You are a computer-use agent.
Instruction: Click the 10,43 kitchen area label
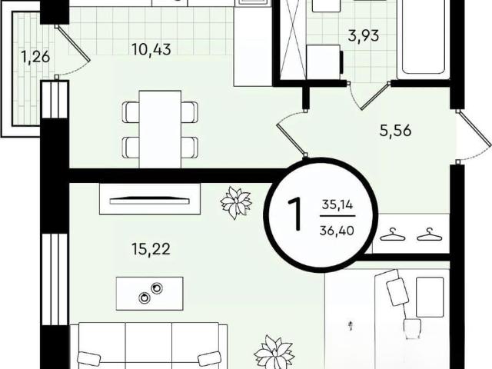click(151, 49)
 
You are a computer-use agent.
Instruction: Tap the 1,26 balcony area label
click(35, 57)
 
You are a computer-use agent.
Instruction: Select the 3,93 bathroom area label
click(364, 36)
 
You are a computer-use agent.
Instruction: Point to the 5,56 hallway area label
click(395, 130)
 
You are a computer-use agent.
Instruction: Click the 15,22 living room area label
click(151, 249)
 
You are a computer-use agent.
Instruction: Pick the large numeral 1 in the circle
click(295, 214)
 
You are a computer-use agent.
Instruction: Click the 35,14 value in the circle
click(337, 205)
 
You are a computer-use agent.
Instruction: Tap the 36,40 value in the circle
click(337, 231)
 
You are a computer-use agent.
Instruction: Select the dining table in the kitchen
click(160, 129)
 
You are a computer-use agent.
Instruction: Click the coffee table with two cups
click(150, 294)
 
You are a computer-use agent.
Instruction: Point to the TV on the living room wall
click(150, 200)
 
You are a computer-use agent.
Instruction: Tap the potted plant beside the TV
click(236, 203)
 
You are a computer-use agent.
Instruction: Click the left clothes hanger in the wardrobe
click(393, 234)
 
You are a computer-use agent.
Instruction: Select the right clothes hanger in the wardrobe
click(429, 234)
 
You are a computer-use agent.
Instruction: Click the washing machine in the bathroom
click(324, 61)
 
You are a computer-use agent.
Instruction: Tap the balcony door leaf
click(74, 43)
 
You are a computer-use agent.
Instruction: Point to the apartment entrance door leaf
click(475, 128)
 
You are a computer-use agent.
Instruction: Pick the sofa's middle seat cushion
click(148, 346)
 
